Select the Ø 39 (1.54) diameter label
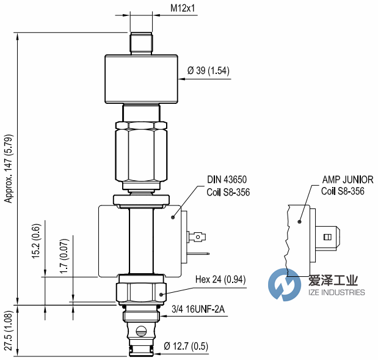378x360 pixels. click(208, 71)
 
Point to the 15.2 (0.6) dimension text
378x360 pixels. click(36, 240)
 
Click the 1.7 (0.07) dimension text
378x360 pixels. click(65, 255)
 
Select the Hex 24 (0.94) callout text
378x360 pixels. click(222, 281)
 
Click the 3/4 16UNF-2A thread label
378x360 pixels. click(199, 310)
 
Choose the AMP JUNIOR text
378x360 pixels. click(347, 180)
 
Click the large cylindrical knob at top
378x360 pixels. click(142, 79)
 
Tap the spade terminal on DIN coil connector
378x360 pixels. click(198, 237)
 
